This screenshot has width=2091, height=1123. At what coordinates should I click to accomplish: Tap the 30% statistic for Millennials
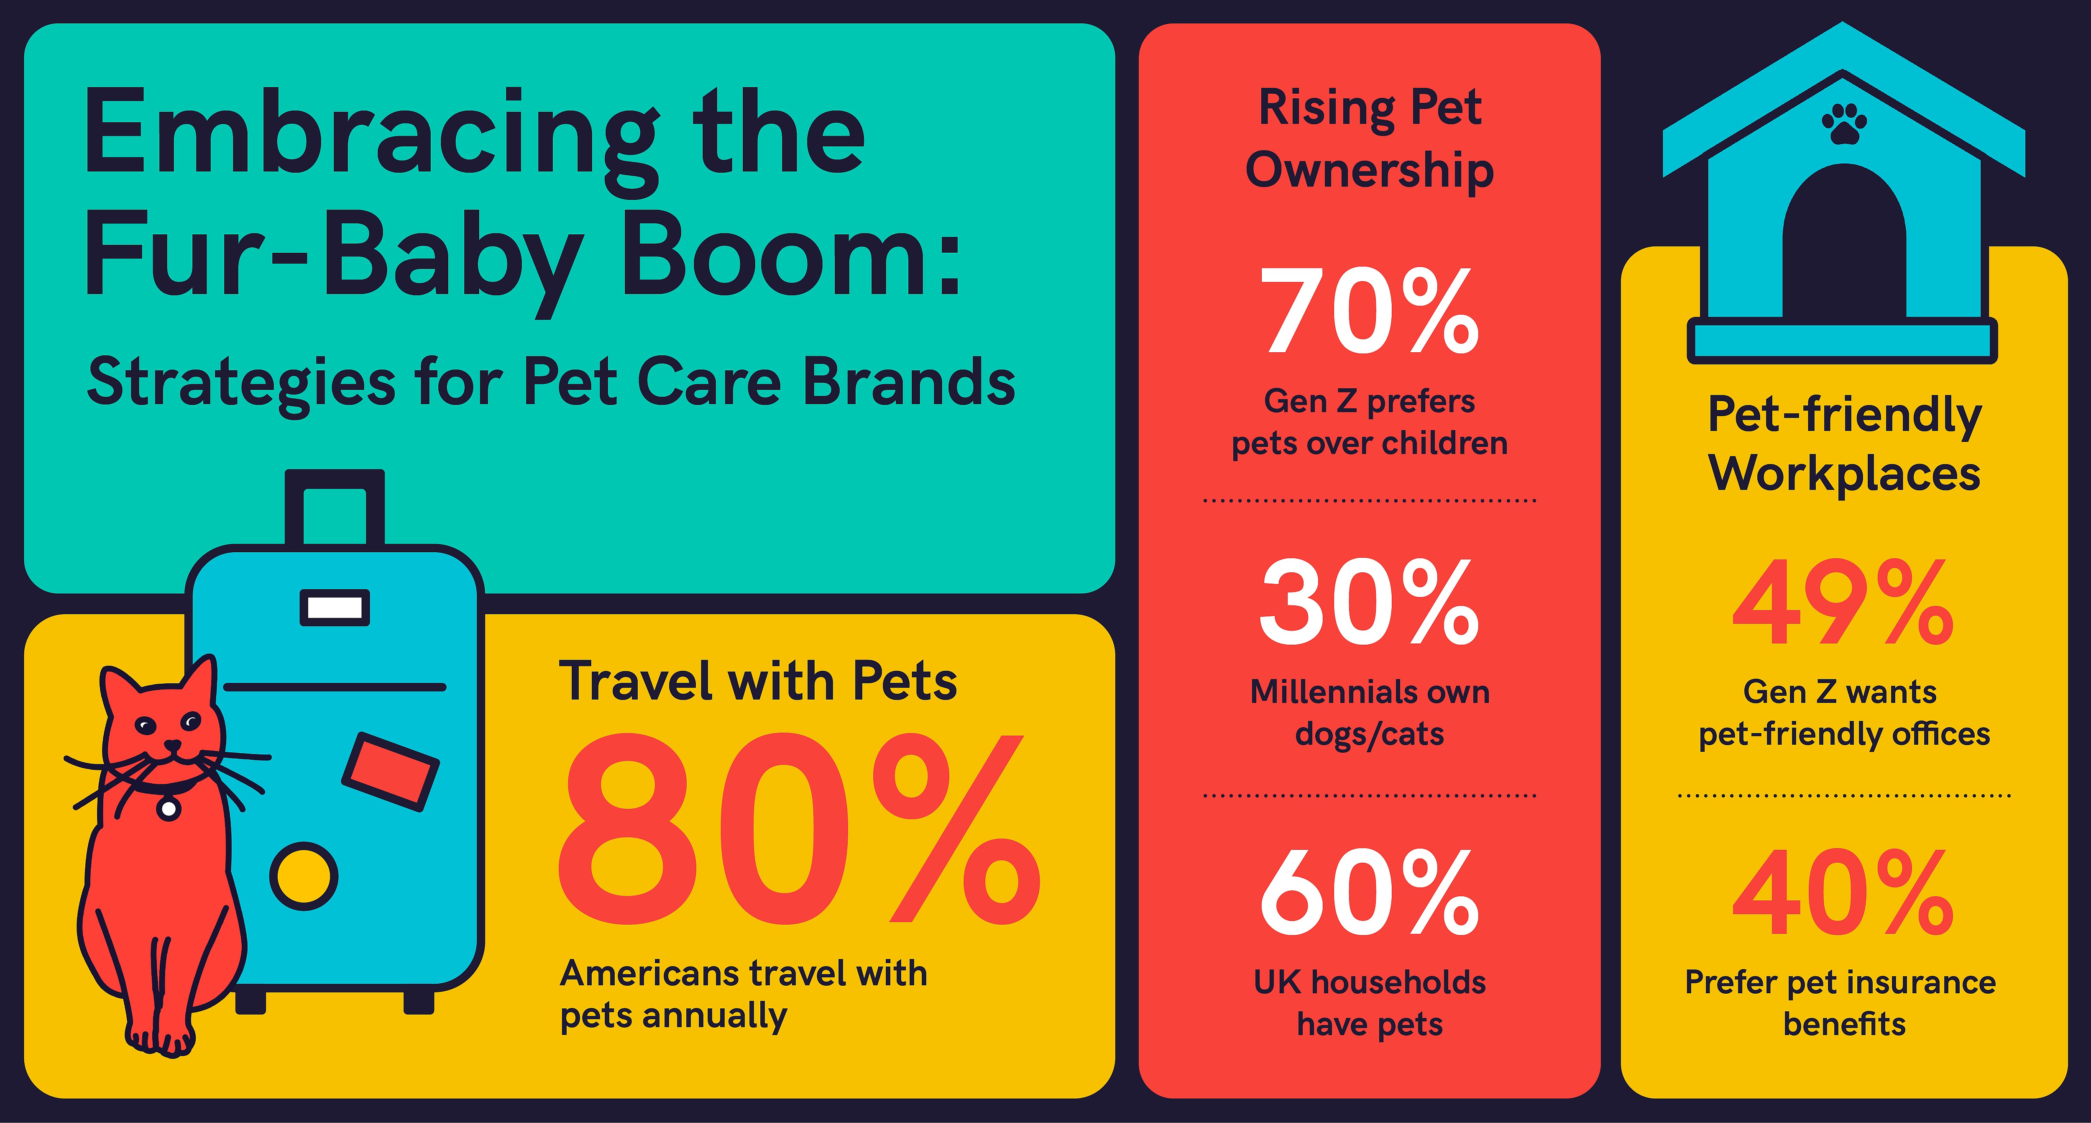pyautogui.click(x=1369, y=602)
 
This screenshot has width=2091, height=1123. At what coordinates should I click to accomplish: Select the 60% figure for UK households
pyautogui.click(x=1369, y=892)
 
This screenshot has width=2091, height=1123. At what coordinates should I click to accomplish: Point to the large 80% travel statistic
pyautogui.click(x=800, y=830)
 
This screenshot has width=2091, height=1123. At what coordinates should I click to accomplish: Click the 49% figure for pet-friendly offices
pyautogui.click(x=1843, y=602)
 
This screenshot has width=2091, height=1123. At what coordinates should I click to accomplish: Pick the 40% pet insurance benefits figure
pyautogui.click(x=1843, y=892)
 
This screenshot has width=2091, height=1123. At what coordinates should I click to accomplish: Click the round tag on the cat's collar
pyautogui.click(x=169, y=808)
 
